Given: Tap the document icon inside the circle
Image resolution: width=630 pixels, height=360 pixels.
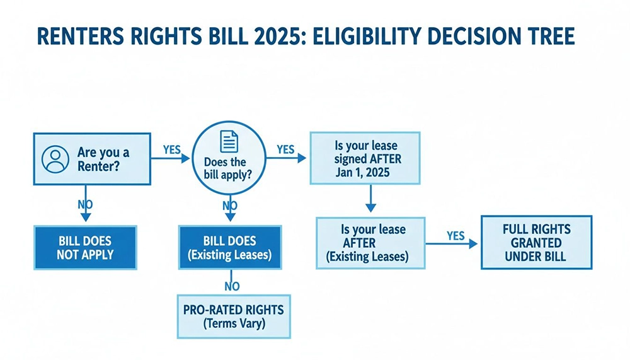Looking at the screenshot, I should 229,140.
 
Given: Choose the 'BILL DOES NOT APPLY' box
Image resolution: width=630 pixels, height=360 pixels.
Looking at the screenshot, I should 86,248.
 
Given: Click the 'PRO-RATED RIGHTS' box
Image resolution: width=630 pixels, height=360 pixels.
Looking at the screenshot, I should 233,316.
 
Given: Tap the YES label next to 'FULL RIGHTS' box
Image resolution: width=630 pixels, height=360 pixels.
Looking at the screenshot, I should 455,236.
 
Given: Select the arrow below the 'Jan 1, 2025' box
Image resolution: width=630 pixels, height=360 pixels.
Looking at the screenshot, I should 370,200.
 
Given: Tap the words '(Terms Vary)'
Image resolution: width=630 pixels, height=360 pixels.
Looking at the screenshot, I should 233,325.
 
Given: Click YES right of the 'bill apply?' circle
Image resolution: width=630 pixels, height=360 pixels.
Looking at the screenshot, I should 285,149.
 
